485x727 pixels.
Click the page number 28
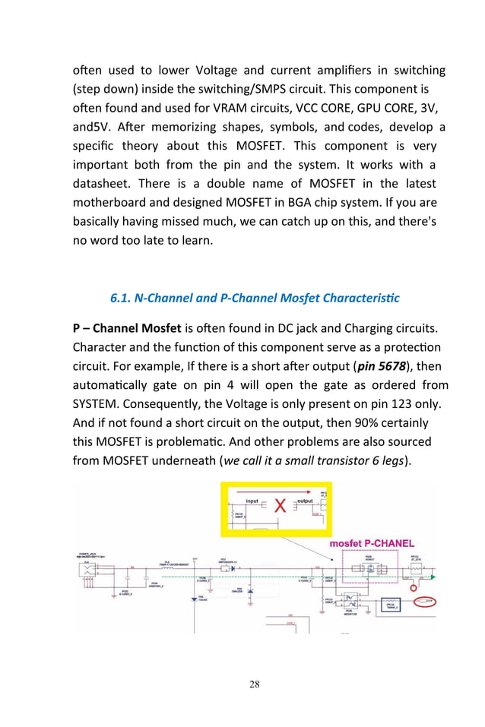tap(254, 684)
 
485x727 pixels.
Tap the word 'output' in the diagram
tap(305, 501)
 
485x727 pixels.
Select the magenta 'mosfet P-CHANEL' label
tap(372, 543)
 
